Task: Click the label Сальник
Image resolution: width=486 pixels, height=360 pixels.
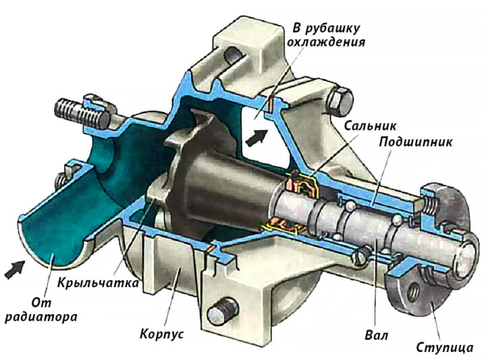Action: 370,126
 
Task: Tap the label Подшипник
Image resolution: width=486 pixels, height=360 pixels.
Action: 416,143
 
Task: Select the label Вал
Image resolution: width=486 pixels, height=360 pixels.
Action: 377,336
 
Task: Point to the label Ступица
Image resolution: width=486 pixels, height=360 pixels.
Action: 445,347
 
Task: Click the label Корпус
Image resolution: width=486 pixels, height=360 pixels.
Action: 161,334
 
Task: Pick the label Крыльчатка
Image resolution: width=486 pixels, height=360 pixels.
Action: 98,283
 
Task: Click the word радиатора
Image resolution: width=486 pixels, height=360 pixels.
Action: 41,317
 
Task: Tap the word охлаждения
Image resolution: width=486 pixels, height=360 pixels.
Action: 326,42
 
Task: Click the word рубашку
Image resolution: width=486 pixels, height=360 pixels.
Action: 332,28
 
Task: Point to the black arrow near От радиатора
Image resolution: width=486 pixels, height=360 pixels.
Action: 15,269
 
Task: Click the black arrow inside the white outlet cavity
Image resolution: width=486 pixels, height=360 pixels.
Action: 256,137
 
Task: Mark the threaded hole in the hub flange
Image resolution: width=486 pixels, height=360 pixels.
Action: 413,291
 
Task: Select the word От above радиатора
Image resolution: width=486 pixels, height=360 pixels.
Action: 41,303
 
